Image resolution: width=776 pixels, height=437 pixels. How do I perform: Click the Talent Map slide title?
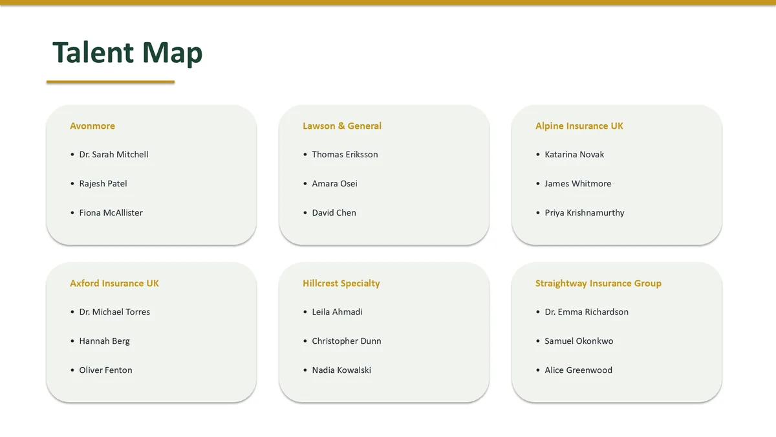pos(127,52)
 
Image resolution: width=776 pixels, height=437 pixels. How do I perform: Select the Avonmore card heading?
pos(92,126)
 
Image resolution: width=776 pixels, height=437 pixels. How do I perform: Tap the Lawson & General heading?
pos(342,126)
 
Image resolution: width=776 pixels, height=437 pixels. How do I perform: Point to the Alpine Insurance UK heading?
pos(579,126)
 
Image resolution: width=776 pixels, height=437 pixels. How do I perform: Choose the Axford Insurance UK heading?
pos(114,284)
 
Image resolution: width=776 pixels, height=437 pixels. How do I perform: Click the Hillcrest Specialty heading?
pos(341,284)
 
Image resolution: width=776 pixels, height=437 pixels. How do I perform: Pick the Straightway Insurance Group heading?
pos(598,284)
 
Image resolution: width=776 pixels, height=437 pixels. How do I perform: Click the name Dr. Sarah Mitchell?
pos(114,154)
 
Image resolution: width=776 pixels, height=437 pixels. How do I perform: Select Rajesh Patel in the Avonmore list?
pos(103,183)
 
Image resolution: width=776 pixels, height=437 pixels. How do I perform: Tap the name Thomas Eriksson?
pos(345,154)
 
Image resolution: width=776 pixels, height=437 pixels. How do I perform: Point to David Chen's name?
pos(334,212)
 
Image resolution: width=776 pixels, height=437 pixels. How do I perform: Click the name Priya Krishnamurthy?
pos(585,212)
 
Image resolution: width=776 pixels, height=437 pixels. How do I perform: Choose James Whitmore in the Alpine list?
pos(578,183)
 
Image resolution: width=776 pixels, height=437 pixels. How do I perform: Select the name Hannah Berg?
pos(104,341)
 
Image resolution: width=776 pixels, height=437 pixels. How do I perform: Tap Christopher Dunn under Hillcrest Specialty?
pos(347,341)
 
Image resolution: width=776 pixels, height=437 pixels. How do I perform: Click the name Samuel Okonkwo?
pos(579,341)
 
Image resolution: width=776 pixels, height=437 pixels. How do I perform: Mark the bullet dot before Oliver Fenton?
pos(72,370)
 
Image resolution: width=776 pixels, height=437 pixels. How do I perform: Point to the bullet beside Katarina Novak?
pos(538,154)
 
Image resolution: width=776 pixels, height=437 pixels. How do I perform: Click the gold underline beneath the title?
pos(111,82)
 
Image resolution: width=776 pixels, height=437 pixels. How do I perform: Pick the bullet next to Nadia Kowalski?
pos(305,370)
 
